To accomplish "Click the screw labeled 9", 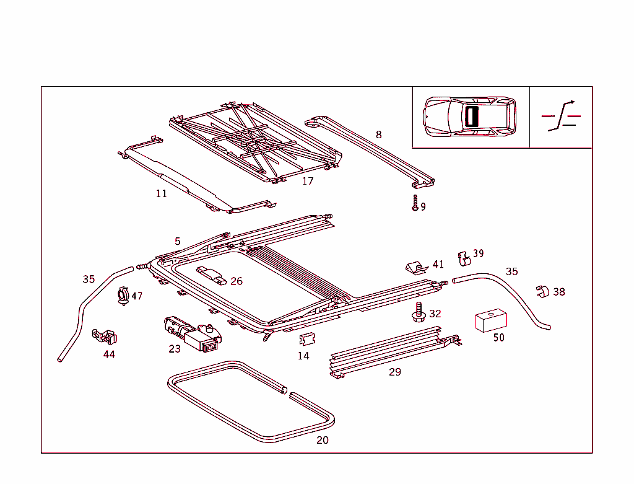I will [415, 203].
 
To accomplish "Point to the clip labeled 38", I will [542, 291].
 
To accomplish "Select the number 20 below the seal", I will [323, 440].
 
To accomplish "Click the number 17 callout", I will [308, 181].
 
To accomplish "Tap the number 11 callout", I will [162, 193].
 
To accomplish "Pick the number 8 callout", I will [379, 134].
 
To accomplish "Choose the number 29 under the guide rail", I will [395, 372].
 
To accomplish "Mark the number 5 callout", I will [178, 241].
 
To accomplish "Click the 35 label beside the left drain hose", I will [89, 279].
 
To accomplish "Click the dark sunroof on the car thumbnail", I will [472, 117].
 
